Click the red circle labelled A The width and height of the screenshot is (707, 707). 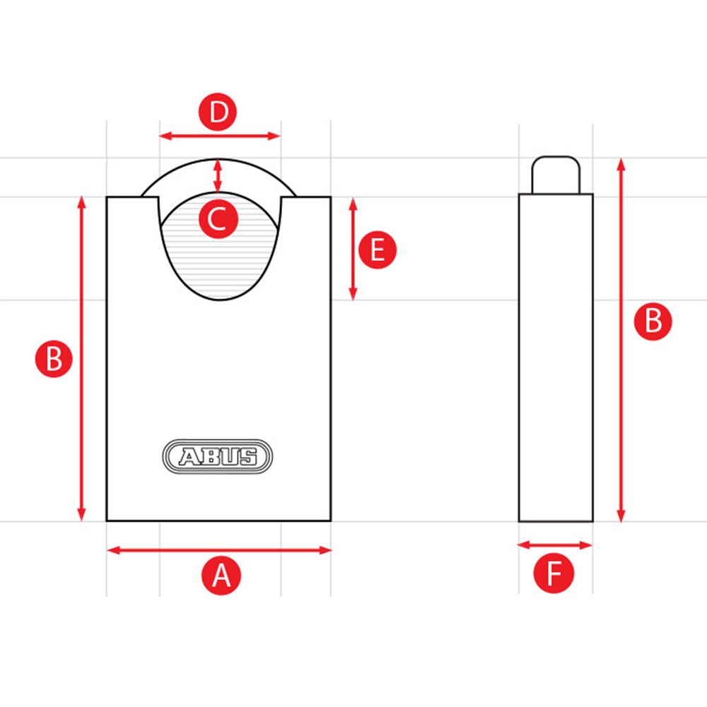221,575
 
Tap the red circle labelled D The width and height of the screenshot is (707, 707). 220,114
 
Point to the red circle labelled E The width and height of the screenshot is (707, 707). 378,250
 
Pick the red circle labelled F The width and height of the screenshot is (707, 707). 554,573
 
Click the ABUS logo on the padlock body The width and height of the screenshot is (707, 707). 218,457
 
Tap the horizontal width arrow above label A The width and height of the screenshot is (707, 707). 219,550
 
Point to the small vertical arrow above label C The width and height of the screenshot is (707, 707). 218,176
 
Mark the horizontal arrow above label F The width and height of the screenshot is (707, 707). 555,544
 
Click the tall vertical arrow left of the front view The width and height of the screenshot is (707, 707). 81,358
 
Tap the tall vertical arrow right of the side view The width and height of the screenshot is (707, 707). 621,340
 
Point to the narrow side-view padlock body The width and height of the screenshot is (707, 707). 556,357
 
